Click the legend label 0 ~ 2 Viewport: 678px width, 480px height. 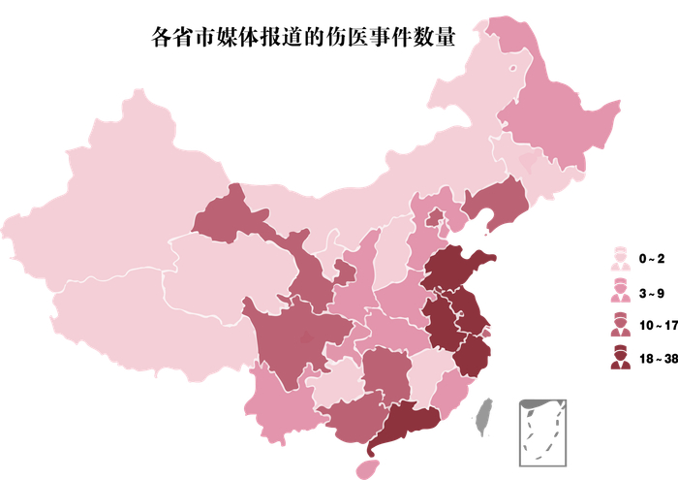tap(651, 259)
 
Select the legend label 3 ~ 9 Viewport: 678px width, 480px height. tap(651, 293)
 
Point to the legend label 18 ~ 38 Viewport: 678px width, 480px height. tap(656, 359)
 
